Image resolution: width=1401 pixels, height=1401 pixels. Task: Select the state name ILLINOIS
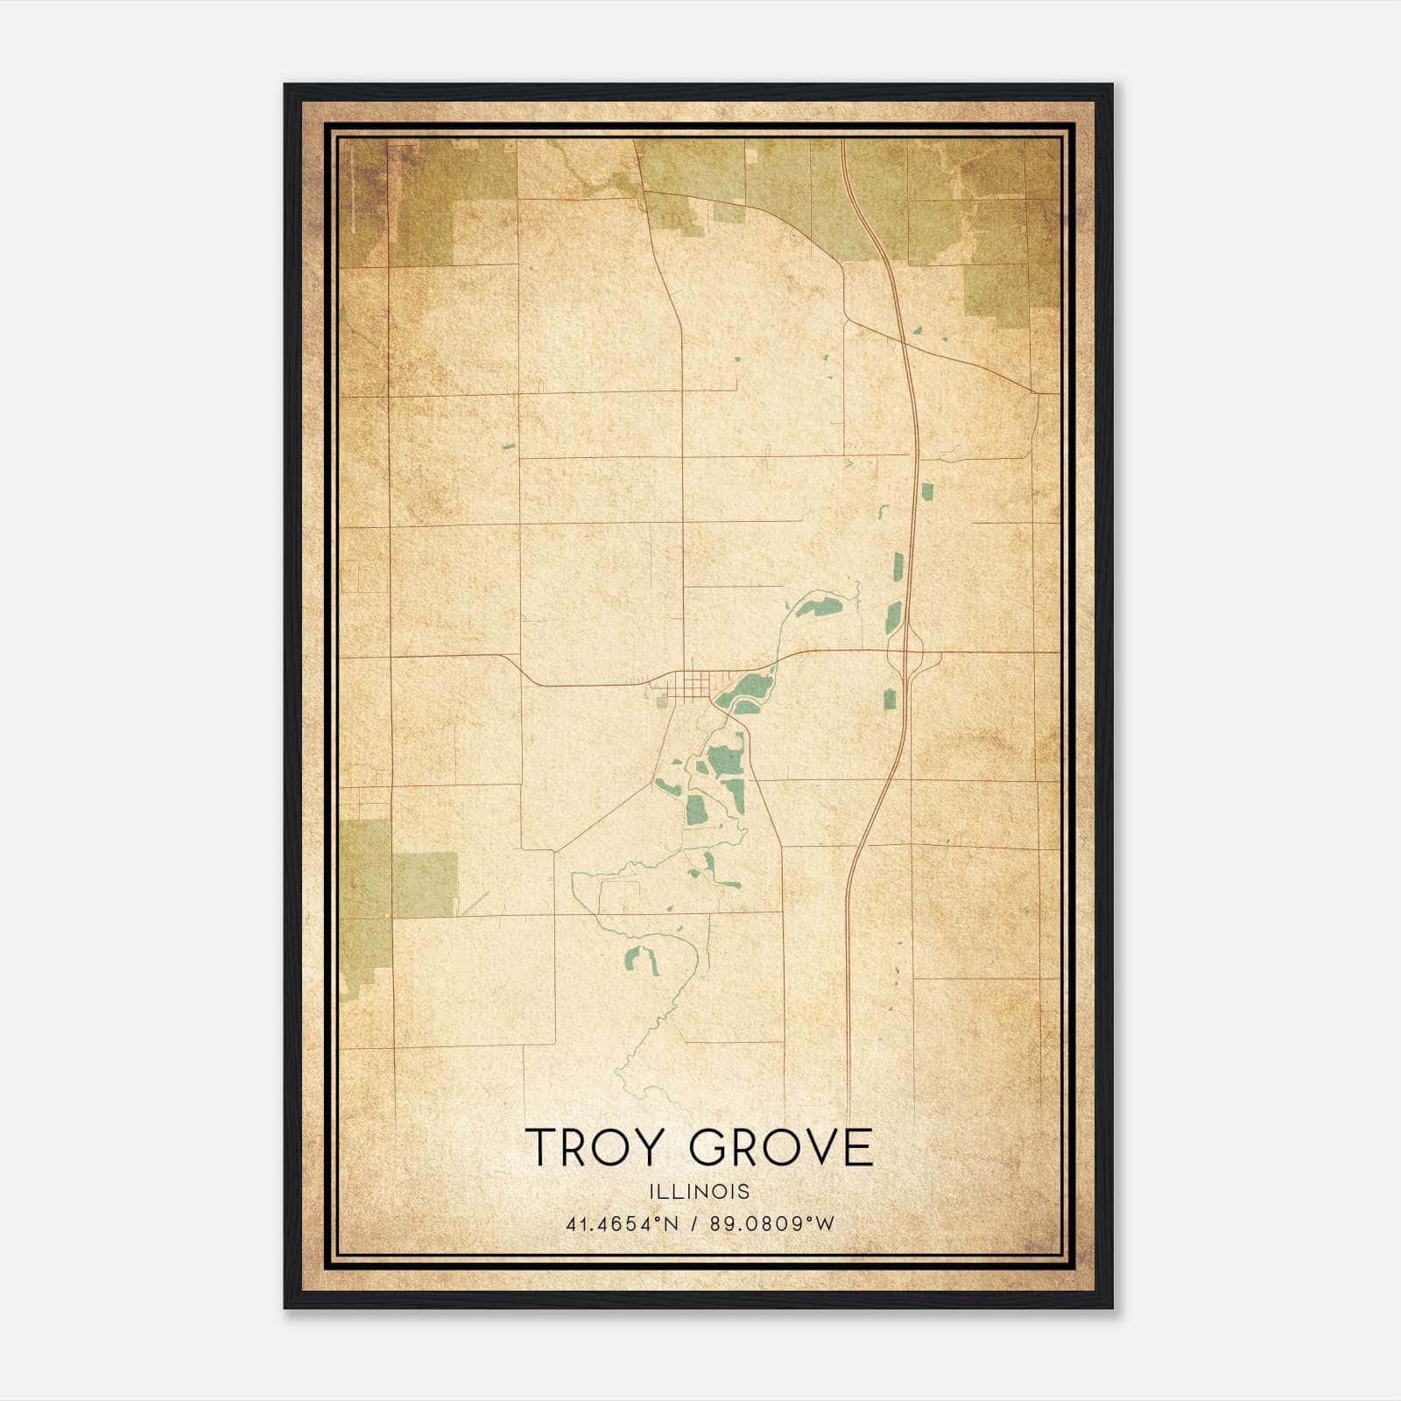point(700,1192)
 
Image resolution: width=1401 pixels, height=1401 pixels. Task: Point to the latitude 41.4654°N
point(623,1223)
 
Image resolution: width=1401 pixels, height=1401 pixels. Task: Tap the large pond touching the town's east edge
point(744,691)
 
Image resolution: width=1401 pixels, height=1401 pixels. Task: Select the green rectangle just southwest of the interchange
point(891,699)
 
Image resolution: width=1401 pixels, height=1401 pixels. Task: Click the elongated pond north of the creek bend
point(818,606)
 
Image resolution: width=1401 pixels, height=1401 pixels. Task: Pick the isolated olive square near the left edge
point(424,884)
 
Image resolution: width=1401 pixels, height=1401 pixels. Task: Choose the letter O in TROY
point(623,1147)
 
